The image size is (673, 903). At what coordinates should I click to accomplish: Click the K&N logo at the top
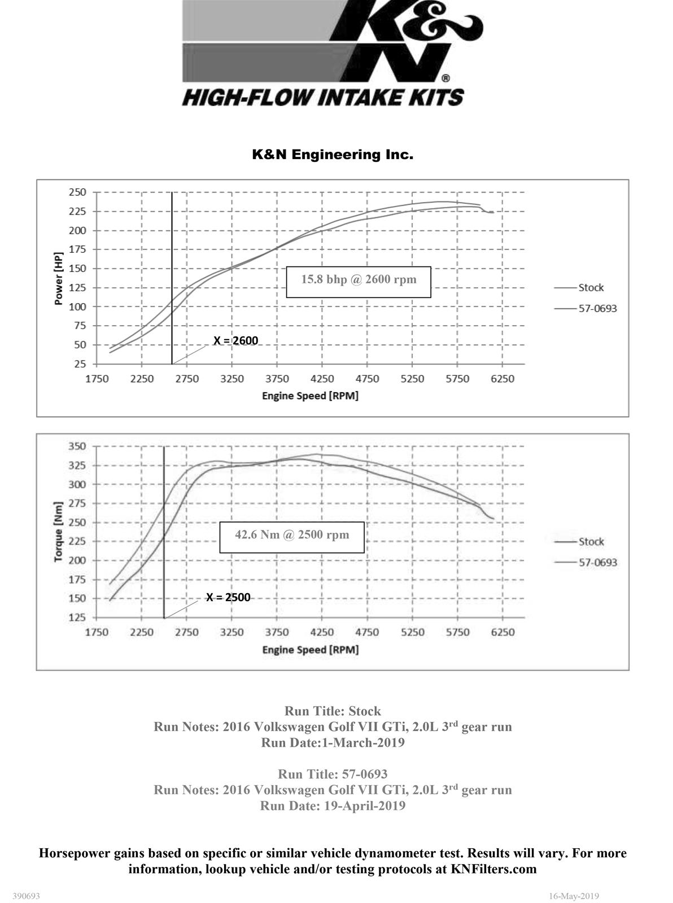click(333, 54)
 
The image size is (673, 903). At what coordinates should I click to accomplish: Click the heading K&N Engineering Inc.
click(333, 154)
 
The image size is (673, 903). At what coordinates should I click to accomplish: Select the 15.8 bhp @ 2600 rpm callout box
click(359, 282)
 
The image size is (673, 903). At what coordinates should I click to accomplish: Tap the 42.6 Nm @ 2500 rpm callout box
click(292, 537)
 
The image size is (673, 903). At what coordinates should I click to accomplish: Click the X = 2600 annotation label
click(235, 340)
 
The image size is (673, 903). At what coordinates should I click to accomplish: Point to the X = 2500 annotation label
click(228, 597)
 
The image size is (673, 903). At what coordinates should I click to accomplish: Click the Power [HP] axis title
click(59, 278)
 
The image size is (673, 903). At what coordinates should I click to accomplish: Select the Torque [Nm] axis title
click(59, 531)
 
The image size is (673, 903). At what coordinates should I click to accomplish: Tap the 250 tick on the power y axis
click(78, 192)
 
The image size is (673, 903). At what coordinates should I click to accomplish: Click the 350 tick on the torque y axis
click(77, 446)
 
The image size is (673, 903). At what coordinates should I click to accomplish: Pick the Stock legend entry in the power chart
click(591, 287)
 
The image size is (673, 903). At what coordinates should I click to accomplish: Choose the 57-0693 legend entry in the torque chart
click(597, 562)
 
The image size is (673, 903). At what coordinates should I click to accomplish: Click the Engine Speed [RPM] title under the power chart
click(310, 396)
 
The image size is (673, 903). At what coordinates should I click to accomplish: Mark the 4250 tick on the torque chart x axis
click(322, 632)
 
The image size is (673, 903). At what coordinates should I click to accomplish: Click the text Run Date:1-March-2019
click(333, 742)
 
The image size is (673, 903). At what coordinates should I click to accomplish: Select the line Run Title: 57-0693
click(333, 774)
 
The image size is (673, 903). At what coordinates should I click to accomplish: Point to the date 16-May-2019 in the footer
click(574, 896)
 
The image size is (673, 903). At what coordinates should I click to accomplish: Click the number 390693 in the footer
click(27, 896)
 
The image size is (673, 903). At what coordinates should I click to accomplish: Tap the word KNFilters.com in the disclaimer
click(493, 869)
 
